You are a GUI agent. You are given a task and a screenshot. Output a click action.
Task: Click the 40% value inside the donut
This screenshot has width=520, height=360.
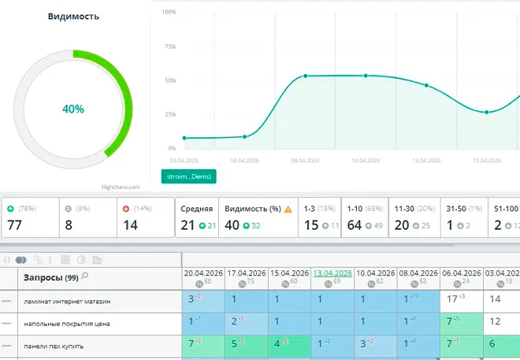click(x=73, y=109)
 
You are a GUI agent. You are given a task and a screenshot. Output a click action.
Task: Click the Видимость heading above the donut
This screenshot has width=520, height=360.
click(x=73, y=17)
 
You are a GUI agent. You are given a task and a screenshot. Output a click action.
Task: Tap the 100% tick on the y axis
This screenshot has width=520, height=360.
click(x=169, y=13)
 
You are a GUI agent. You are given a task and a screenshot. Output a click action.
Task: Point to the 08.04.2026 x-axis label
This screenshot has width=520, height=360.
click(x=305, y=160)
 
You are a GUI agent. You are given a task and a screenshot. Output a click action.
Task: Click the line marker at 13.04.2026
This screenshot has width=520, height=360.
click(x=426, y=85)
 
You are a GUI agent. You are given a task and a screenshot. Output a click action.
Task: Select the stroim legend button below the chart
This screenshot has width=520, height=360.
click(x=188, y=176)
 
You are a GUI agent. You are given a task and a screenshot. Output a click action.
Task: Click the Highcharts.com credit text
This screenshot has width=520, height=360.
click(x=121, y=187)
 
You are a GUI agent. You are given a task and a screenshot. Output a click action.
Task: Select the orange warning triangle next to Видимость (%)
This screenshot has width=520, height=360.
click(x=288, y=209)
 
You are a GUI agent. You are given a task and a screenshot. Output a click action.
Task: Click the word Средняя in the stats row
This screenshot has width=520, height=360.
click(x=197, y=209)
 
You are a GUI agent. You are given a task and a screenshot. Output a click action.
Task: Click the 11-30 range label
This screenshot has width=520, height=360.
click(x=403, y=209)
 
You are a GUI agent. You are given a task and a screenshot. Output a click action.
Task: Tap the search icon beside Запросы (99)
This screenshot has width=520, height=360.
click(x=84, y=276)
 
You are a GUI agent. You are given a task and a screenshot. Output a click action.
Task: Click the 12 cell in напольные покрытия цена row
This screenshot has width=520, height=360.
click(x=495, y=322)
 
